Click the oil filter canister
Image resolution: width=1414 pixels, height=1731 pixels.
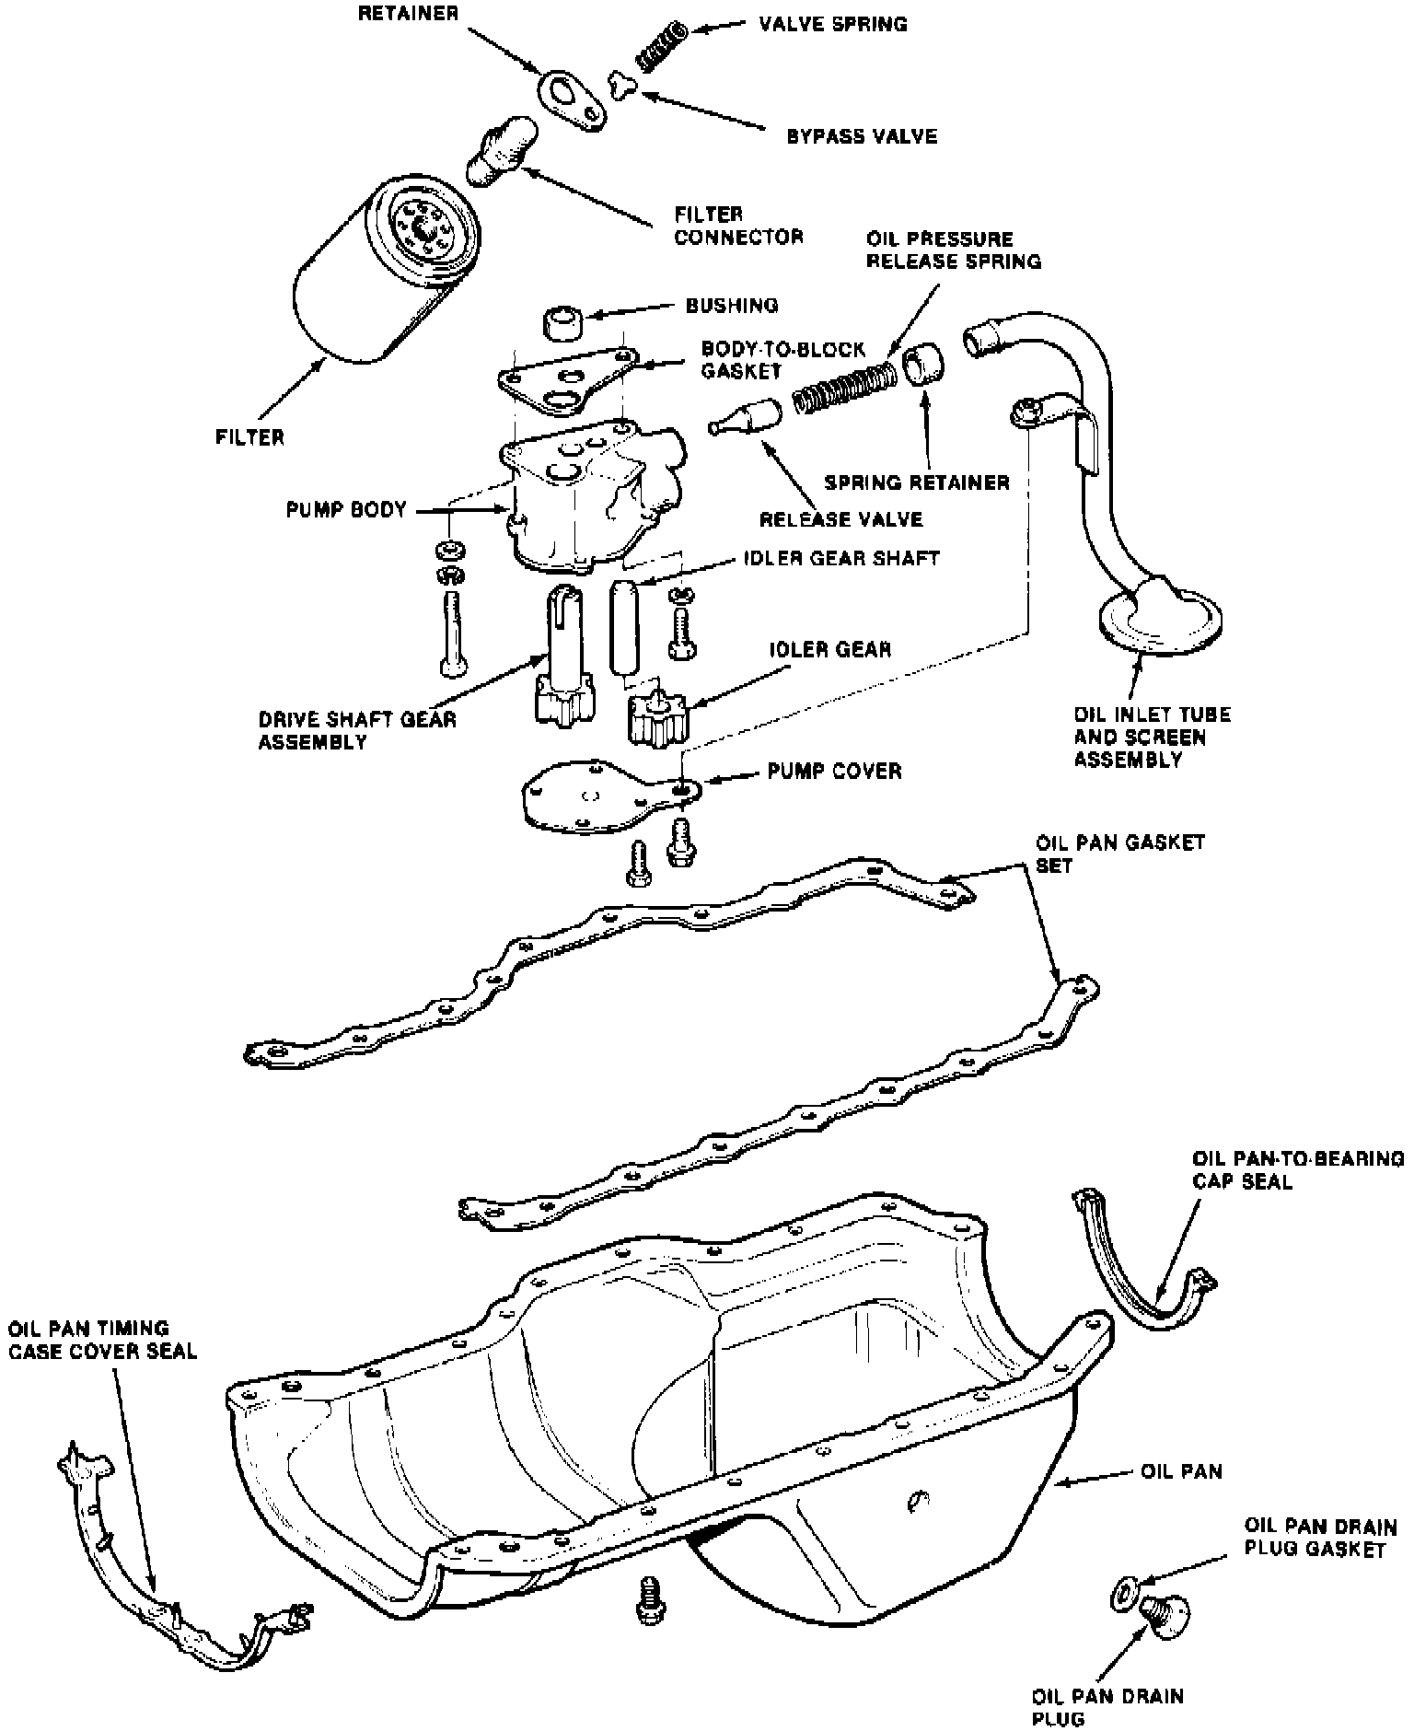click(x=377, y=276)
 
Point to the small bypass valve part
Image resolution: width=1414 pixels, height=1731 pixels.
click(x=623, y=85)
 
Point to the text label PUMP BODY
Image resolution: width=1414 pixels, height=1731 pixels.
click(x=346, y=510)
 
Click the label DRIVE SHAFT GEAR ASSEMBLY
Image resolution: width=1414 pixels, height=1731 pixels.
click(x=357, y=730)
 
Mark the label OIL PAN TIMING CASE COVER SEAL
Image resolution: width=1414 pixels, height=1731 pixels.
click(x=103, y=1340)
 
